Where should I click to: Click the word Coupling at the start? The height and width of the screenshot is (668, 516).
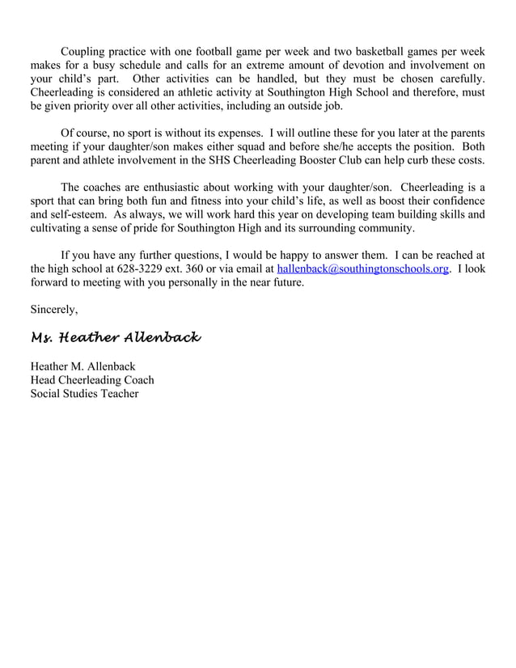click(85, 51)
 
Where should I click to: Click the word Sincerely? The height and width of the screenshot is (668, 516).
click(54, 309)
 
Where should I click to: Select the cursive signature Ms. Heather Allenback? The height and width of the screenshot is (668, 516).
click(115, 336)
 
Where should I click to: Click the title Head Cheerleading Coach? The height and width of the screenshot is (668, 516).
click(91, 380)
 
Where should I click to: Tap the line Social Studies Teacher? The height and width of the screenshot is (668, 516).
click(84, 394)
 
